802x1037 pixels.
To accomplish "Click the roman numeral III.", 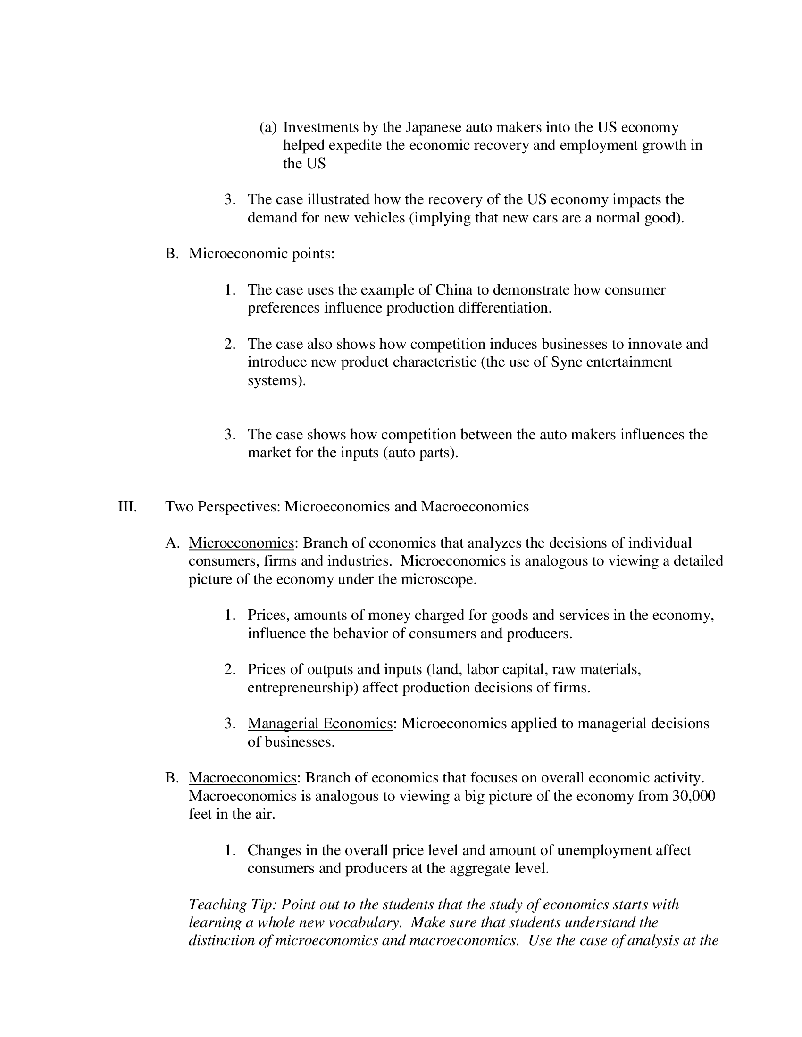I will tap(127, 507).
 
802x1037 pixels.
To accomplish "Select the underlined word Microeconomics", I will tap(241, 543).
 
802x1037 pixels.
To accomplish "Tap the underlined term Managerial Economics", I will tap(320, 724).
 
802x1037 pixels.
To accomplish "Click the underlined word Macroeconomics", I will tap(242, 778).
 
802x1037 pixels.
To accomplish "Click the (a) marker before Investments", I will tap(268, 127).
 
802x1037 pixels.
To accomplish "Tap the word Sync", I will tap(566, 362).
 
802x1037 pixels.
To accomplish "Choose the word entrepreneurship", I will tap(302, 688).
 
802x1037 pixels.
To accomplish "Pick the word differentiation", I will tap(505, 308).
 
